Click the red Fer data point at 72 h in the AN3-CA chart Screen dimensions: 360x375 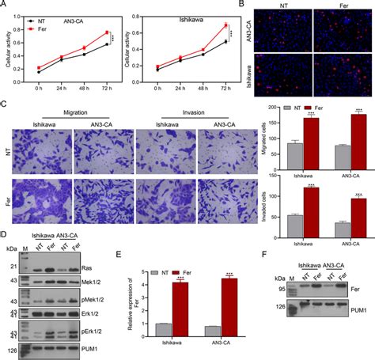point(108,32)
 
